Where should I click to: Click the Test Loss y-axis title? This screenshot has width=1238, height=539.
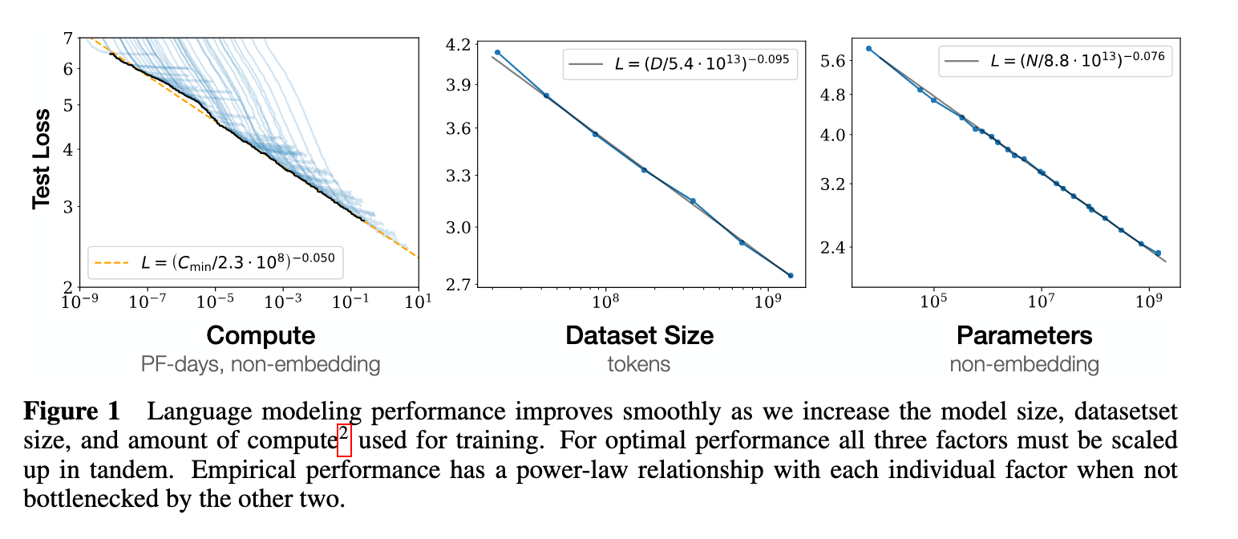42,158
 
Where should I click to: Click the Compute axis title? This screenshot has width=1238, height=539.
261,334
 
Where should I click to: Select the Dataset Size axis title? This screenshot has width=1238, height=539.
639,334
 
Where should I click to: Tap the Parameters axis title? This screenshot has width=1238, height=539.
1024,334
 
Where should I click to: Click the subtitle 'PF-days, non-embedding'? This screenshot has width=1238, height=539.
260,364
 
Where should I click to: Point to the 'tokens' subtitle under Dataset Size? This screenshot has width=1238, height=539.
639,364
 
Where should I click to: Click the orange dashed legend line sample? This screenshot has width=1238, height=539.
111,261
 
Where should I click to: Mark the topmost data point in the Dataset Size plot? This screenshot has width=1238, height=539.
497,52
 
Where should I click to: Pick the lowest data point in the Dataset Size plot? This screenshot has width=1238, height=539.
791,276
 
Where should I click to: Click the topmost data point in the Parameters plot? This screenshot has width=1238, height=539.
868,49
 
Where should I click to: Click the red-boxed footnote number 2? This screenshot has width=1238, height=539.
344,440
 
